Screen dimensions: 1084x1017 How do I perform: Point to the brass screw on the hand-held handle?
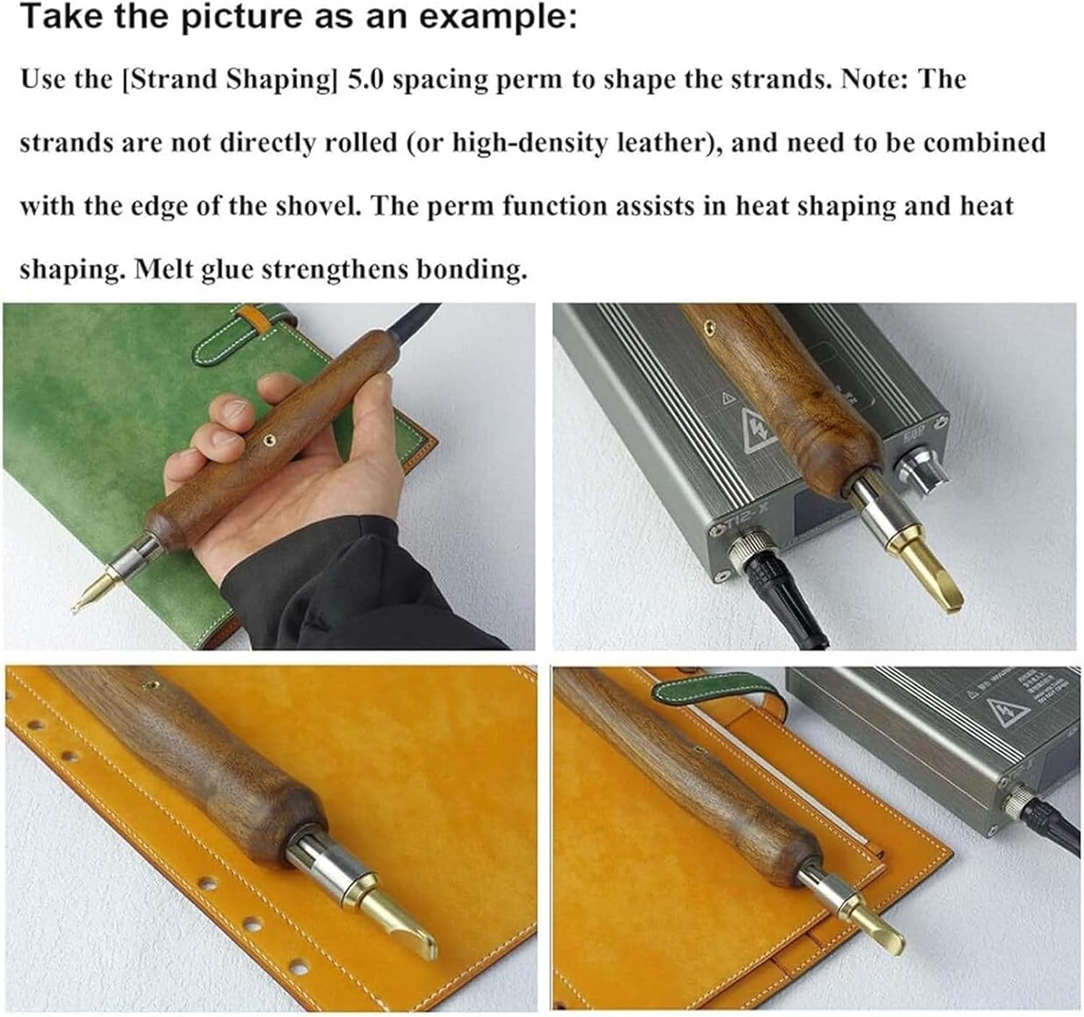(x=269, y=439)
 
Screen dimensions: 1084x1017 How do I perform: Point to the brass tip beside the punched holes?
(x=389, y=918)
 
